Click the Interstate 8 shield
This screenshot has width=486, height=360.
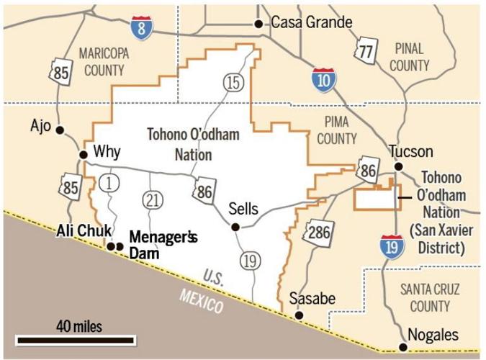[142, 28]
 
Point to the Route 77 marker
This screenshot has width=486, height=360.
[366, 50]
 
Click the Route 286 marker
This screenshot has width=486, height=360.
[319, 231]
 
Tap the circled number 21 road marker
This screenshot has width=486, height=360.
[152, 200]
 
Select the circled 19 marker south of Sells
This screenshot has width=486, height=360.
[250, 261]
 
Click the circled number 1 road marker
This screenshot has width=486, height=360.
[109, 183]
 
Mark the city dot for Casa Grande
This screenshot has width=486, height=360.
[258, 24]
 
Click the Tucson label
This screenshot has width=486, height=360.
[411, 151]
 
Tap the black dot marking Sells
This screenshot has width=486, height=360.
[235, 228]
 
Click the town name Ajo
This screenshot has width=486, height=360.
[40, 126]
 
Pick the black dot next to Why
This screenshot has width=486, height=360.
[83, 153]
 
